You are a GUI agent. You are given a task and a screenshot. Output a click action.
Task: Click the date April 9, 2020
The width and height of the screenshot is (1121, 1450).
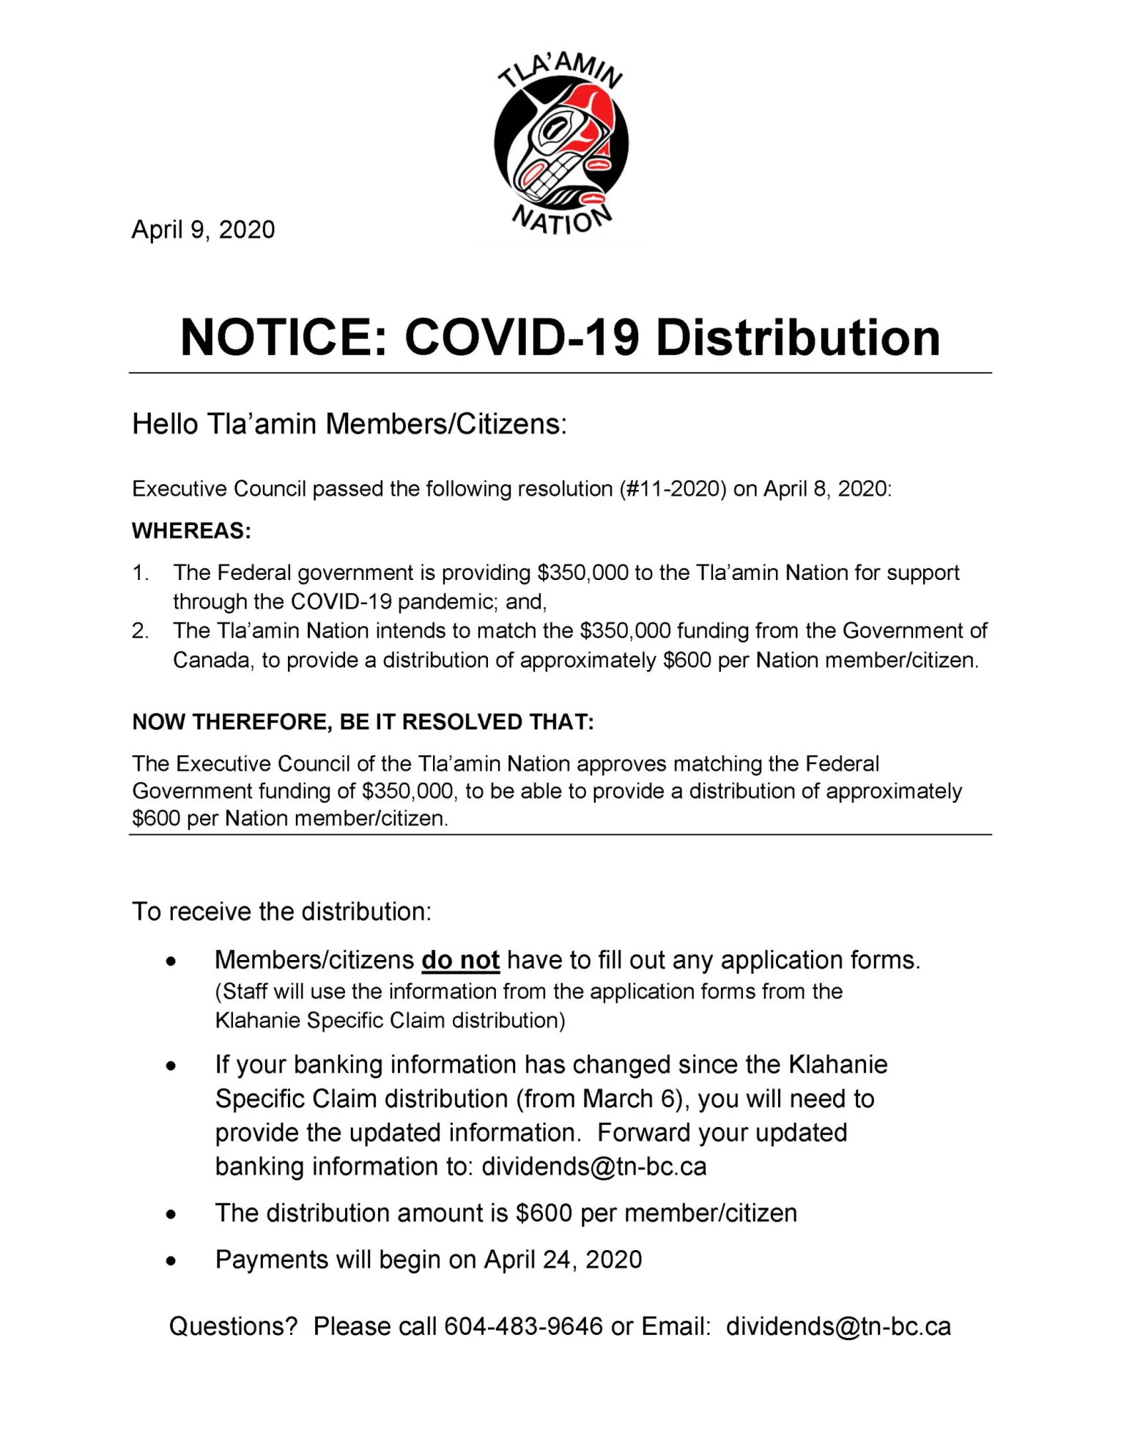(x=203, y=229)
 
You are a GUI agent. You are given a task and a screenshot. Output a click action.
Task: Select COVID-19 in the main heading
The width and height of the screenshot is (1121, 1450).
(x=522, y=338)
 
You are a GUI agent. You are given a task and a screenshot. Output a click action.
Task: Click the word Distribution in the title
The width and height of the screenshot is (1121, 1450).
(x=798, y=338)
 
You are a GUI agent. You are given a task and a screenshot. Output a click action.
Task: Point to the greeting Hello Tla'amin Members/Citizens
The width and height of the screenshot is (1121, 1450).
(x=349, y=424)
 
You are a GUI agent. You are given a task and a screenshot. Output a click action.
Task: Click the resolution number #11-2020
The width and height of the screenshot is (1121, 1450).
(x=673, y=488)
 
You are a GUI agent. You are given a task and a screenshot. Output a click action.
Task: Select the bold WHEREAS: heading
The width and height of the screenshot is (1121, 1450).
(x=191, y=531)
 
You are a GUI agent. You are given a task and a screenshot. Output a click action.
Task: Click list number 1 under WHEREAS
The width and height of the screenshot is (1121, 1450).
(x=140, y=573)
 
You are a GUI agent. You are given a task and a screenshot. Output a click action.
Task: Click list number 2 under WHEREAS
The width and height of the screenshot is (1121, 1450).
(x=140, y=631)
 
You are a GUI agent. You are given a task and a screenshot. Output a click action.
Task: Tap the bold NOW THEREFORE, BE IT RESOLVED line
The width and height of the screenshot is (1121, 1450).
(x=363, y=722)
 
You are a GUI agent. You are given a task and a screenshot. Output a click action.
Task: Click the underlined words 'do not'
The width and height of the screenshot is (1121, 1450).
(x=460, y=960)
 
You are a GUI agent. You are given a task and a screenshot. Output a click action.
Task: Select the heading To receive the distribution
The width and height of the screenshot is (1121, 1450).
(x=281, y=912)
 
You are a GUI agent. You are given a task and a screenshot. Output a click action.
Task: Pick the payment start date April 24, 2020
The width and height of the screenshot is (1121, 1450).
(x=563, y=1260)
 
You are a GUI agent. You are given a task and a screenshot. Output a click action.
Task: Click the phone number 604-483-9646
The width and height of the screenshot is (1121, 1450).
(x=523, y=1326)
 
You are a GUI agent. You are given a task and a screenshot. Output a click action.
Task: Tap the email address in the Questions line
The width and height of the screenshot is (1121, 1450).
(x=838, y=1326)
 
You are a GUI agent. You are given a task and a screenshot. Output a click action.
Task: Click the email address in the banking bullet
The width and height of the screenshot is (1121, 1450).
(x=593, y=1167)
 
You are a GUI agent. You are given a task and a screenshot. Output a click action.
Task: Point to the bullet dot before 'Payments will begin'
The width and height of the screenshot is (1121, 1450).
(x=171, y=1262)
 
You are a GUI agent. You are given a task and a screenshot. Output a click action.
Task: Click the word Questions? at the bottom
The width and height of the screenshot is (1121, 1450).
(x=233, y=1326)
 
